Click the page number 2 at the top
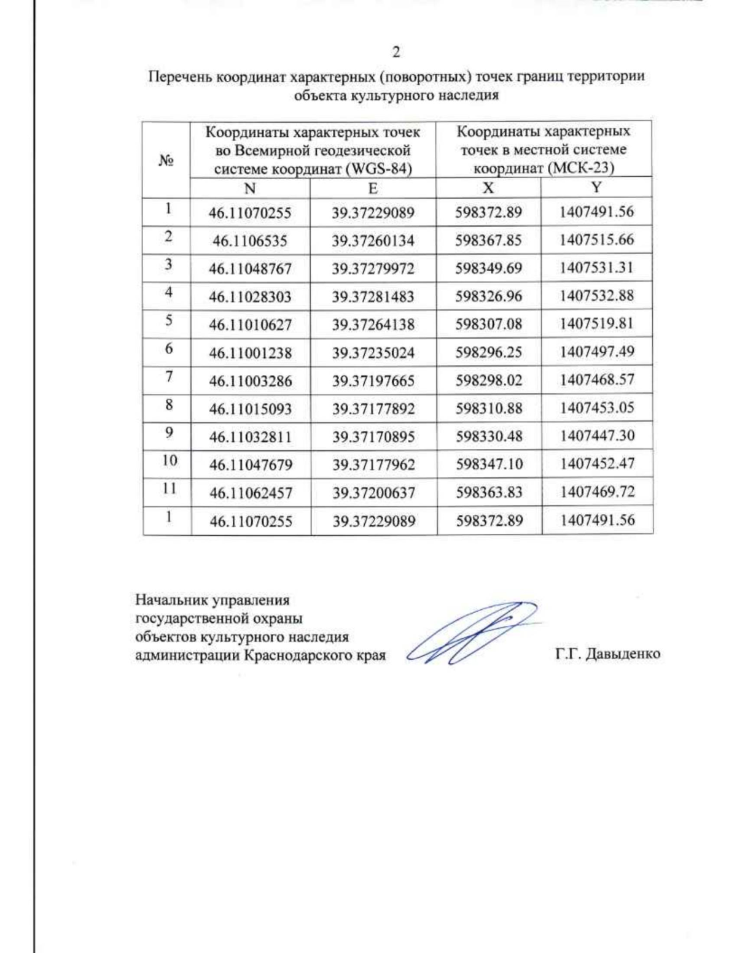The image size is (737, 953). click(396, 52)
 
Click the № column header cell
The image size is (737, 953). click(166, 160)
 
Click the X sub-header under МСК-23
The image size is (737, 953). click(488, 188)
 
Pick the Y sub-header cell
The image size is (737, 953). click(596, 187)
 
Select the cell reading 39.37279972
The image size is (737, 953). click(373, 269)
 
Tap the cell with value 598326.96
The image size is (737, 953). click(489, 296)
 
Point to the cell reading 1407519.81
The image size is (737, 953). click(596, 323)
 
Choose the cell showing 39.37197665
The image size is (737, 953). click(373, 381)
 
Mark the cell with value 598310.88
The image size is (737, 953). click(489, 408)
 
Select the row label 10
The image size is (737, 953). click(170, 460)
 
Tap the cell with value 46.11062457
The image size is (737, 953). click(251, 493)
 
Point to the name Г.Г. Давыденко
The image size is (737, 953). click(607, 654)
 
